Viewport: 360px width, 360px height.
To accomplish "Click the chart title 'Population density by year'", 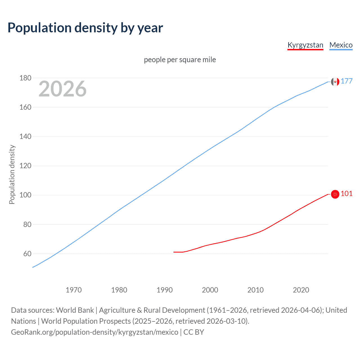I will pos(85,28).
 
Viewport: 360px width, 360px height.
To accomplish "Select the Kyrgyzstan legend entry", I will pos(305,45).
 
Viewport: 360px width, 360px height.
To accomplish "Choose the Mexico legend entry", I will pos(341,45).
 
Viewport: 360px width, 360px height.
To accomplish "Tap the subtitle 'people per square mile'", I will pos(180,60).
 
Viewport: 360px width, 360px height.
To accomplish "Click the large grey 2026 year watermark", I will pos(62,89).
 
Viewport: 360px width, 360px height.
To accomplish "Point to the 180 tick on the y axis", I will pos(25,78).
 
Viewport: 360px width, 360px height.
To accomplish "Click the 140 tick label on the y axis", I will pos(25,137).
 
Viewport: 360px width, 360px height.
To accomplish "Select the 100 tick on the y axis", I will pos(25,195).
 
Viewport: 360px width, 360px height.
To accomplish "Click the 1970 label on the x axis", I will pos(74,290).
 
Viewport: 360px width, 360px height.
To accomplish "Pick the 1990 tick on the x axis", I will pos(165,290).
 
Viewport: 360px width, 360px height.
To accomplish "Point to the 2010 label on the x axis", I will pos(255,290).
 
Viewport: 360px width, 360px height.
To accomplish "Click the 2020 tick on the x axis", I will pos(301,290).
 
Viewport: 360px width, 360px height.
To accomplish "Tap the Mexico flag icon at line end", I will pos(335,82).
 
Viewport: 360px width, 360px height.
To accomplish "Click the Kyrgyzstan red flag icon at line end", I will pos(335,194).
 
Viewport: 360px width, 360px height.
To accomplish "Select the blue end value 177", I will pos(346,81).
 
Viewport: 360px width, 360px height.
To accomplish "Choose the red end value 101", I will pos(346,193).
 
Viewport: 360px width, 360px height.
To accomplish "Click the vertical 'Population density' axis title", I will pos(12,174).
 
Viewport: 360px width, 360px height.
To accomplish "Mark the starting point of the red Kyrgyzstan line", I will pos(174,252).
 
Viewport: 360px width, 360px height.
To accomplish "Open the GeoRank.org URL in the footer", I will pos(94,332).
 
